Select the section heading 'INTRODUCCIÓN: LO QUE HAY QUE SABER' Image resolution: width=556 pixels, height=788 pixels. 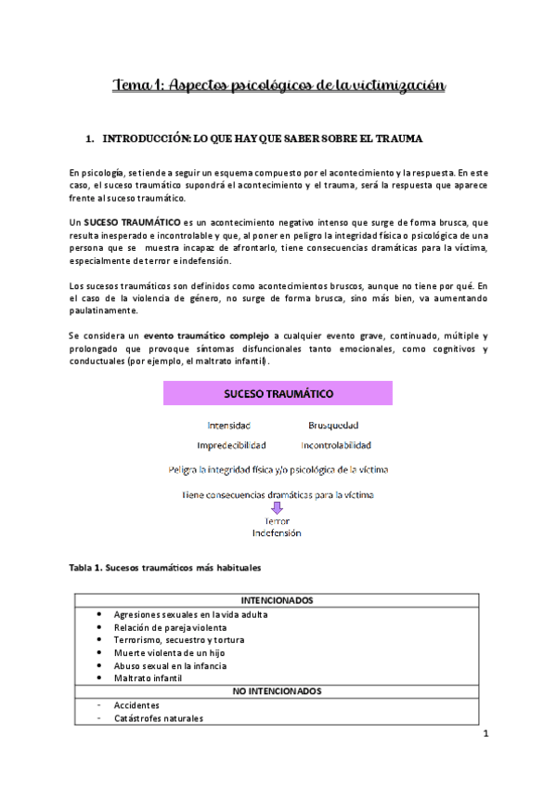point(263,139)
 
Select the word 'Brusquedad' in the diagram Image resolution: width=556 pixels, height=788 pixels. point(332,426)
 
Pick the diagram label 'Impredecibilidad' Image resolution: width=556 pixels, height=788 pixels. point(231,445)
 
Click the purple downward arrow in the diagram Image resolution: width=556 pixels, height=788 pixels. point(277,508)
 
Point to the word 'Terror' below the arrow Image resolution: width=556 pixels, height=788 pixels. point(277,521)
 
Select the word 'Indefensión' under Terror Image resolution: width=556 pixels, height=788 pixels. point(277,533)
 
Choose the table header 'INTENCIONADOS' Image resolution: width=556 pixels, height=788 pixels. point(277,601)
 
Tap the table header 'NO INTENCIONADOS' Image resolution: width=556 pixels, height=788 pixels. point(277,691)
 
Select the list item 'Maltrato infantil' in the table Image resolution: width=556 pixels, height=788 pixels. point(148,678)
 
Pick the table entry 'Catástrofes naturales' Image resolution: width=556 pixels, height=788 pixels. point(159,717)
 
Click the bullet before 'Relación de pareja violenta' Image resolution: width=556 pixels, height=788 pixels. point(100,627)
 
